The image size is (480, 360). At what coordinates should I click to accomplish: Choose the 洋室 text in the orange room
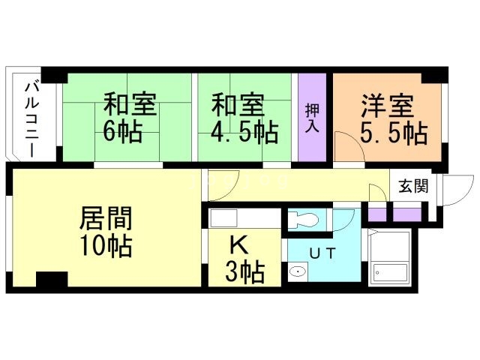tap(388, 103)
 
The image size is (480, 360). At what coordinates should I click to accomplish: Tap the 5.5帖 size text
tap(393, 133)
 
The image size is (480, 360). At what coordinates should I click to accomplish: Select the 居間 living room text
tap(106, 219)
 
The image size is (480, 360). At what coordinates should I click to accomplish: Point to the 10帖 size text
tap(106, 247)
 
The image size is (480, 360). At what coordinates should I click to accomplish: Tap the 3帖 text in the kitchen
tap(244, 272)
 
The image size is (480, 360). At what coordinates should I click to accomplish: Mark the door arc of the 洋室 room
tap(346, 146)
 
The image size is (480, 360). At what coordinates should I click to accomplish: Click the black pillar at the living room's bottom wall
tap(51, 280)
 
